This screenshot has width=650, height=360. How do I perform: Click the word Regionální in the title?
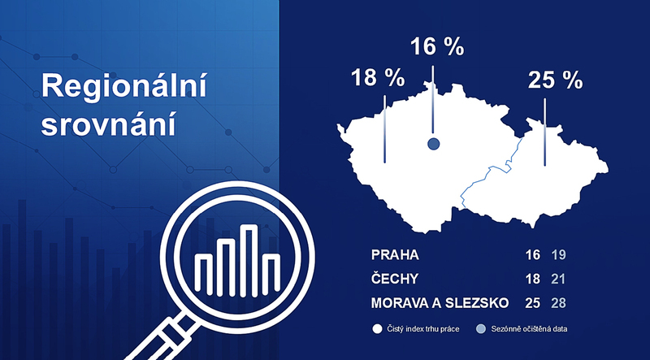124,86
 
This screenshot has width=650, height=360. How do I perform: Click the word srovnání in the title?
109,123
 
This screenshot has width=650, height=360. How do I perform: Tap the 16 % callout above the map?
437,46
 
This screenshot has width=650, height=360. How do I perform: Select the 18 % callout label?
378,77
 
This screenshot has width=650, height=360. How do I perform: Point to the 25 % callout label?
555,80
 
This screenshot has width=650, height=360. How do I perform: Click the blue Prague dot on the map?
433,144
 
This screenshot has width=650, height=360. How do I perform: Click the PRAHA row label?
395,255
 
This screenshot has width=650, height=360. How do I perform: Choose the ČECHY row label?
395,279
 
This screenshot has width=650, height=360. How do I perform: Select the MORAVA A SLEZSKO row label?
440,303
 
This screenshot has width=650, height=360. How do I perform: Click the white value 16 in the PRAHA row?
533,255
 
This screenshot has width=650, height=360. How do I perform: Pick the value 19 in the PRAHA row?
558,255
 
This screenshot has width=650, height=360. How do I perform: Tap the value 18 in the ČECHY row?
533,279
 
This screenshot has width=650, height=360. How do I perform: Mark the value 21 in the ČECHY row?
558,279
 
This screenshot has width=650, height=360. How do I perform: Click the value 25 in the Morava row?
533,303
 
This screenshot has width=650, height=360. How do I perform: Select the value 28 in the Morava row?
558,303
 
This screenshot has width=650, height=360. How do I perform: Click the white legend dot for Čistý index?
377,329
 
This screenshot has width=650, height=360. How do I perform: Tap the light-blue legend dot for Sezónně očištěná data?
481,329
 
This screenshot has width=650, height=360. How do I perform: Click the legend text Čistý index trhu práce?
422,329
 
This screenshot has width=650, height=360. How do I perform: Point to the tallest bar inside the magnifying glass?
249,261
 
